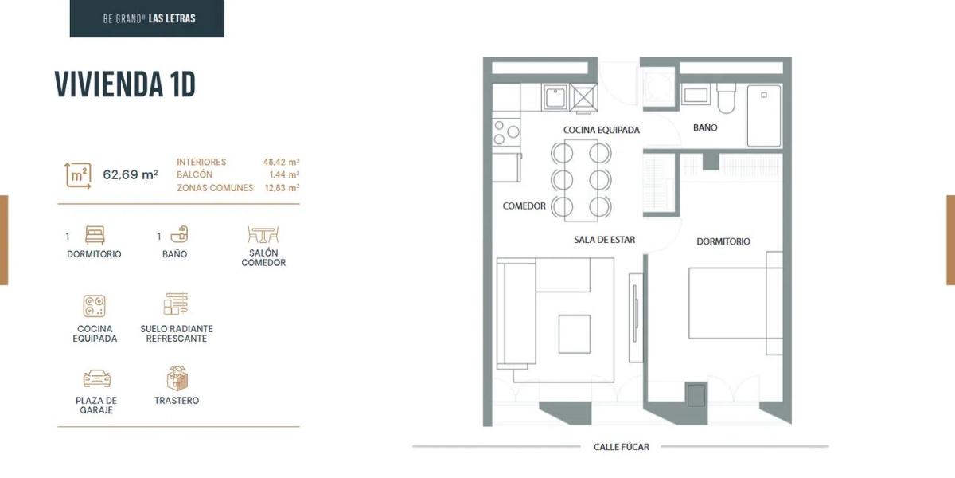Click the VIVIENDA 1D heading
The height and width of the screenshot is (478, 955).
125,84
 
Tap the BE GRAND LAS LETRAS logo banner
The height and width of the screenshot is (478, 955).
146,18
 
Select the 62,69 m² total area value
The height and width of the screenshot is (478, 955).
131,174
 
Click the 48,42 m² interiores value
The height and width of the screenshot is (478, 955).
281,163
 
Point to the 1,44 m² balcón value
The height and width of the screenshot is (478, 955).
284,174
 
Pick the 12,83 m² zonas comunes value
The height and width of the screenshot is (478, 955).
282,188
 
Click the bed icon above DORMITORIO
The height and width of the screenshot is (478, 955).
95,235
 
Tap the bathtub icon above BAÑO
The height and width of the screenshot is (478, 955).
179,234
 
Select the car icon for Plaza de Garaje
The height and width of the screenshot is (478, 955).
97,378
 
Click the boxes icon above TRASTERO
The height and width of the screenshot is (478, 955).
177,378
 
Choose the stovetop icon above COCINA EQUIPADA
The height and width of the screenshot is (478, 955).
94,306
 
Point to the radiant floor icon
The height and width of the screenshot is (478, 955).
176,304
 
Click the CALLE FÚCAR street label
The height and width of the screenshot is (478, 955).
622,447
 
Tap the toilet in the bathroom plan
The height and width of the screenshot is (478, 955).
726,98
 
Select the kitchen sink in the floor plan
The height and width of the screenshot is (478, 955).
555,97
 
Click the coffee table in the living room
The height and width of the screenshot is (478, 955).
575,334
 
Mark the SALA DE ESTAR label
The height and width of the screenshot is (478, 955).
604,240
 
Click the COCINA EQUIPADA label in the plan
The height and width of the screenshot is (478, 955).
601,130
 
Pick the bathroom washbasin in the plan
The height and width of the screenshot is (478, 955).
696,95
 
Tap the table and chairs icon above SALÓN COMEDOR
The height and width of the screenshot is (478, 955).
263,235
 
